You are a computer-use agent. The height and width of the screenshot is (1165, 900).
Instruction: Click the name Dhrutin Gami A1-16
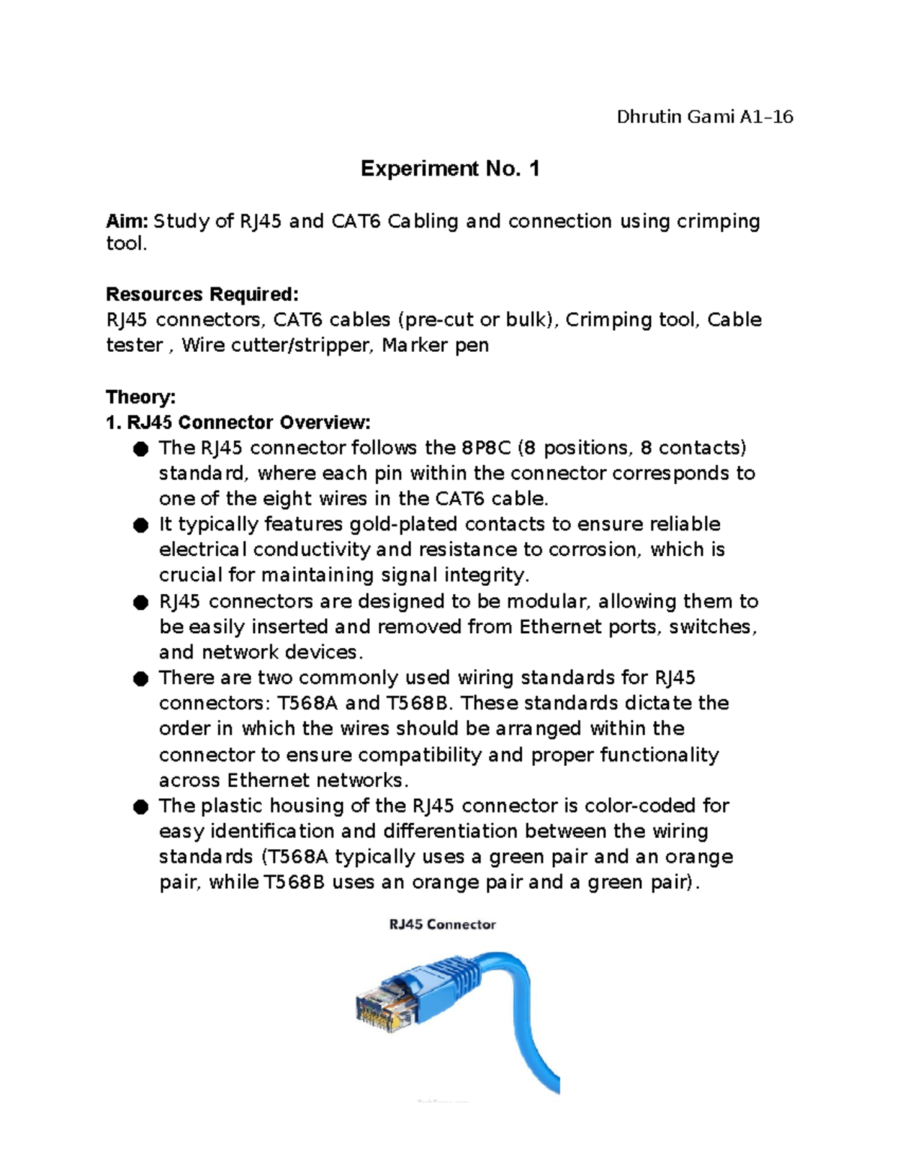pyautogui.click(x=704, y=117)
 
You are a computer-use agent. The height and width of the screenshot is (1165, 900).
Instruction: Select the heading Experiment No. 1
pyautogui.click(x=449, y=169)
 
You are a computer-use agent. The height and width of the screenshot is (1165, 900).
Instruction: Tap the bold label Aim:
pyautogui.click(x=127, y=221)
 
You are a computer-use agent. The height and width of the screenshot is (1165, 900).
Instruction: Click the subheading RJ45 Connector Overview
pyautogui.click(x=247, y=422)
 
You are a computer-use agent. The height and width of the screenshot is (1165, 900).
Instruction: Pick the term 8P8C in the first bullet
pyautogui.click(x=483, y=448)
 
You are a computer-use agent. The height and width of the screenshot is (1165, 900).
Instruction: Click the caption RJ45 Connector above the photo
pyautogui.click(x=442, y=924)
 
